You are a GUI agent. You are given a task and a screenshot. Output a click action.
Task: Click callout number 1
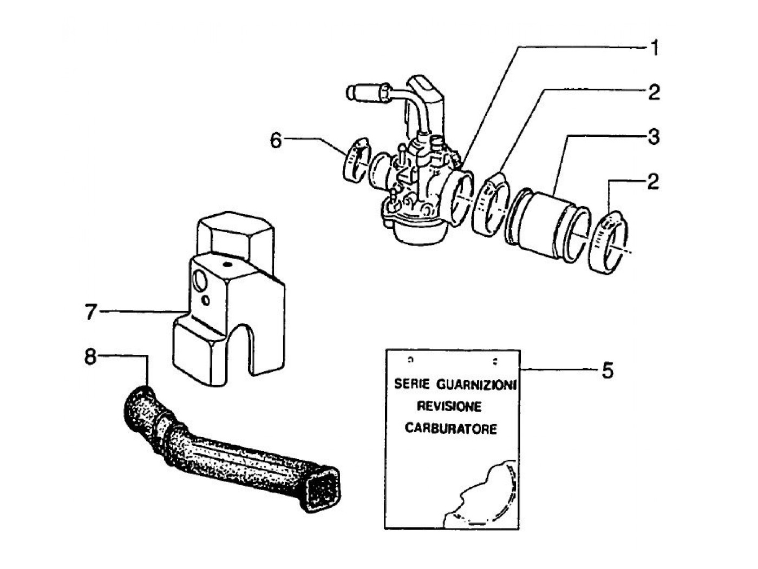(654, 48)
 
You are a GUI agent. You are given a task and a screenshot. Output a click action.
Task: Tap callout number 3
(654, 136)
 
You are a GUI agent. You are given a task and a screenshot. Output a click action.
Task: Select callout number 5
(607, 370)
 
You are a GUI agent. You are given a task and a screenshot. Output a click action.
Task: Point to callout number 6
(276, 140)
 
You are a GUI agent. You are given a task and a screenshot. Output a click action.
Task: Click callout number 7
(90, 312)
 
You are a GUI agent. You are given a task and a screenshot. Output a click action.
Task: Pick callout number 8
(90, 356)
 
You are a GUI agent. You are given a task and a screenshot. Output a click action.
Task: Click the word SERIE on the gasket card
(412, 384)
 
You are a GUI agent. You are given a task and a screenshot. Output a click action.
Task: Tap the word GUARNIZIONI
(477, 385)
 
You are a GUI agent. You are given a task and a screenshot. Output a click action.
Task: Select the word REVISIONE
(449, 407)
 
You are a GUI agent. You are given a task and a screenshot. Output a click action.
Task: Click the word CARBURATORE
(451, 429)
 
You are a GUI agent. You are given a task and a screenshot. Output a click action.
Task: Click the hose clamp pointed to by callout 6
(356, 159)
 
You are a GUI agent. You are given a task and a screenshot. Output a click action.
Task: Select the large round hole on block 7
(200, 280)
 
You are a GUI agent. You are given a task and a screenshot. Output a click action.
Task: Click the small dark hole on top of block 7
(227, 264)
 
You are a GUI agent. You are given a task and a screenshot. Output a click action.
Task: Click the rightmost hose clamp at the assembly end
(608, 242)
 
